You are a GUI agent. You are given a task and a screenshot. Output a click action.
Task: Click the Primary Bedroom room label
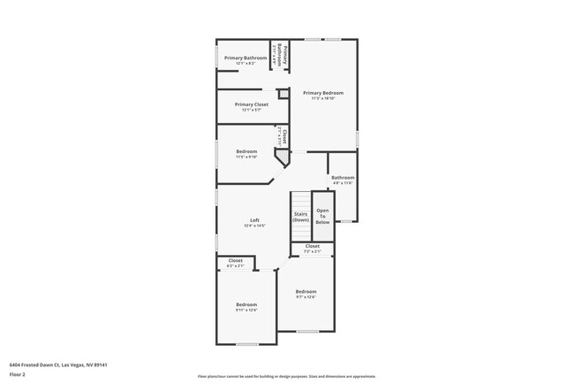pyautogui.click(x=323, y=93)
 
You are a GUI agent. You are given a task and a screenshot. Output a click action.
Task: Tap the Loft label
pyautogui.click(x=254, y=219)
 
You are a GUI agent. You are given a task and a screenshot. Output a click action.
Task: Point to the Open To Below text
pyautogui.click(x=323, y=216)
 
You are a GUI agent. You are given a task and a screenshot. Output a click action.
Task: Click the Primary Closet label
pyautogui.click(x=251, y=104)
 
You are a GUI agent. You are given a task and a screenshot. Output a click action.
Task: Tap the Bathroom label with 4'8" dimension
pyautogui.click(x=343, y=177)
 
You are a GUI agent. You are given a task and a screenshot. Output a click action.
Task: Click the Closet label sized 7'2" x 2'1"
pyautogui.click(x=313, y=246)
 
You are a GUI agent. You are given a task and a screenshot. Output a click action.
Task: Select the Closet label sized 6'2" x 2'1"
pyautogui.click(x=235, y=260)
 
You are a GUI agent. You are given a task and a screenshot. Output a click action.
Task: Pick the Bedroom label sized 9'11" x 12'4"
pyautogui.click(x=246, y=304)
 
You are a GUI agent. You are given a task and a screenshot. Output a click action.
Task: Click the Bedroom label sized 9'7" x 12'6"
pyautogui.click(x=306, y=291)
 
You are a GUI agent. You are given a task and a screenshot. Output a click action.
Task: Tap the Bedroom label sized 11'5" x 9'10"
pyautogui.click(x=246, y=151)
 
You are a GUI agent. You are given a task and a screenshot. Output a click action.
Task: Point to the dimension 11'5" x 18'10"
pyautogui.click(x=323, y=98)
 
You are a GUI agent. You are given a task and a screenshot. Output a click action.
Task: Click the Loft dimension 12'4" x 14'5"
pyautogui.click(x=254, y=226)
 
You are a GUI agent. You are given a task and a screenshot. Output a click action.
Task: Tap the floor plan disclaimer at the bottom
pyautogui.click(x=286, y=376)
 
